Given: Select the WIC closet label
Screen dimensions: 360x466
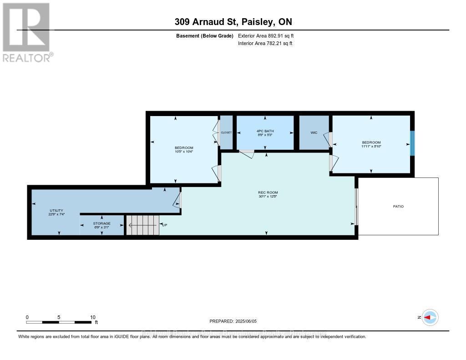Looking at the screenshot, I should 314,133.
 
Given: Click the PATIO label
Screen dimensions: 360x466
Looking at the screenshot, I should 398,206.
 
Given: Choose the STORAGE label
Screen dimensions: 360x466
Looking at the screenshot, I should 101,223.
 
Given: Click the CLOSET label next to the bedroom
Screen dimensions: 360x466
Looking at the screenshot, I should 226,132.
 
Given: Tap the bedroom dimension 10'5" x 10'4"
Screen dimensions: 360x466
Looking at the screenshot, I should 184,152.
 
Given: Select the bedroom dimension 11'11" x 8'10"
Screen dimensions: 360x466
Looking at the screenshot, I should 371,147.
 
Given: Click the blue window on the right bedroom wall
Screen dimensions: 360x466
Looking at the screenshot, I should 412,143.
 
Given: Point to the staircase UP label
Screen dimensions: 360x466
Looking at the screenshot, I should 165,225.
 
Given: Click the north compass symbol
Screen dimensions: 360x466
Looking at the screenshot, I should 430,317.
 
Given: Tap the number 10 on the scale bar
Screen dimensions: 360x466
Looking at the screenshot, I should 92,317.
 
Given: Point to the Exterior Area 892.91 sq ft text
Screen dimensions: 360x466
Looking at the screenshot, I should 269,35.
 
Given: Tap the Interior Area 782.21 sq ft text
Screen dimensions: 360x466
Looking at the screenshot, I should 265,43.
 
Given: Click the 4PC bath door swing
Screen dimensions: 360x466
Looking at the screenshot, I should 247,154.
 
